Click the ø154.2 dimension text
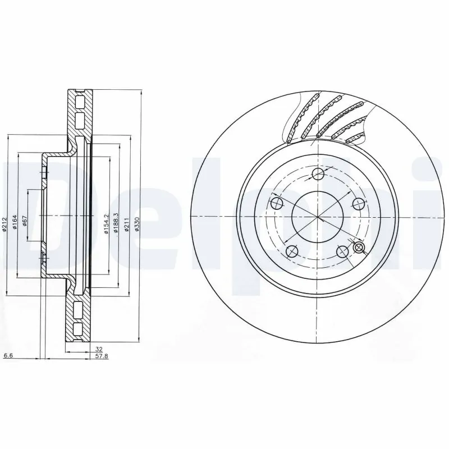106,223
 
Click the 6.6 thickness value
8,356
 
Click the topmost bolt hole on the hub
317,173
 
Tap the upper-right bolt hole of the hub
356,203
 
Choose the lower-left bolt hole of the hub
291,250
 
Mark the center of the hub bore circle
316,217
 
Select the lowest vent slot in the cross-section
79,329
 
